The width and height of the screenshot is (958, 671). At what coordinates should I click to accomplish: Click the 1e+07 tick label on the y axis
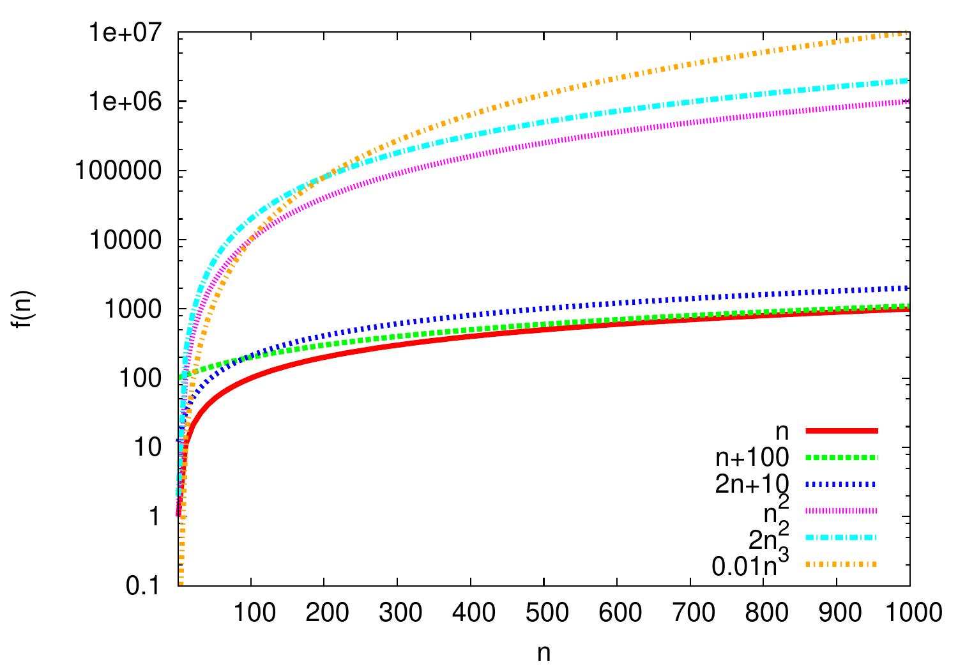[x=132, y=33]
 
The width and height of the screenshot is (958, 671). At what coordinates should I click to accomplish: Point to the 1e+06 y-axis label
[x=132, y=102]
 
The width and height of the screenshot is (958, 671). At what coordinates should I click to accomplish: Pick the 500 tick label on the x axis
[x=544, y=613]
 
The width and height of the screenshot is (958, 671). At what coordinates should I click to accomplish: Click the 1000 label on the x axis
[x=909, y=613]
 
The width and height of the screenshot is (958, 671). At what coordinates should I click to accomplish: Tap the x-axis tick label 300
[x=397, y=613]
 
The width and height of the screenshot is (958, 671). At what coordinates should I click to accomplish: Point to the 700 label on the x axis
[x=690, y=613]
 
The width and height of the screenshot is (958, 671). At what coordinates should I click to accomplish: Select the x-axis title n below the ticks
[x=544, y=653]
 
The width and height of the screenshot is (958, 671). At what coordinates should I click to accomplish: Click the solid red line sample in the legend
[x=842, y=431]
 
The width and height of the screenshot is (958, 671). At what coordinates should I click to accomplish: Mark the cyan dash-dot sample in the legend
[x=842, y=537]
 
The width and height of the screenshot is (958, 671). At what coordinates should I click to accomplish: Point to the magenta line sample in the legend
[x=842, y=510]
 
